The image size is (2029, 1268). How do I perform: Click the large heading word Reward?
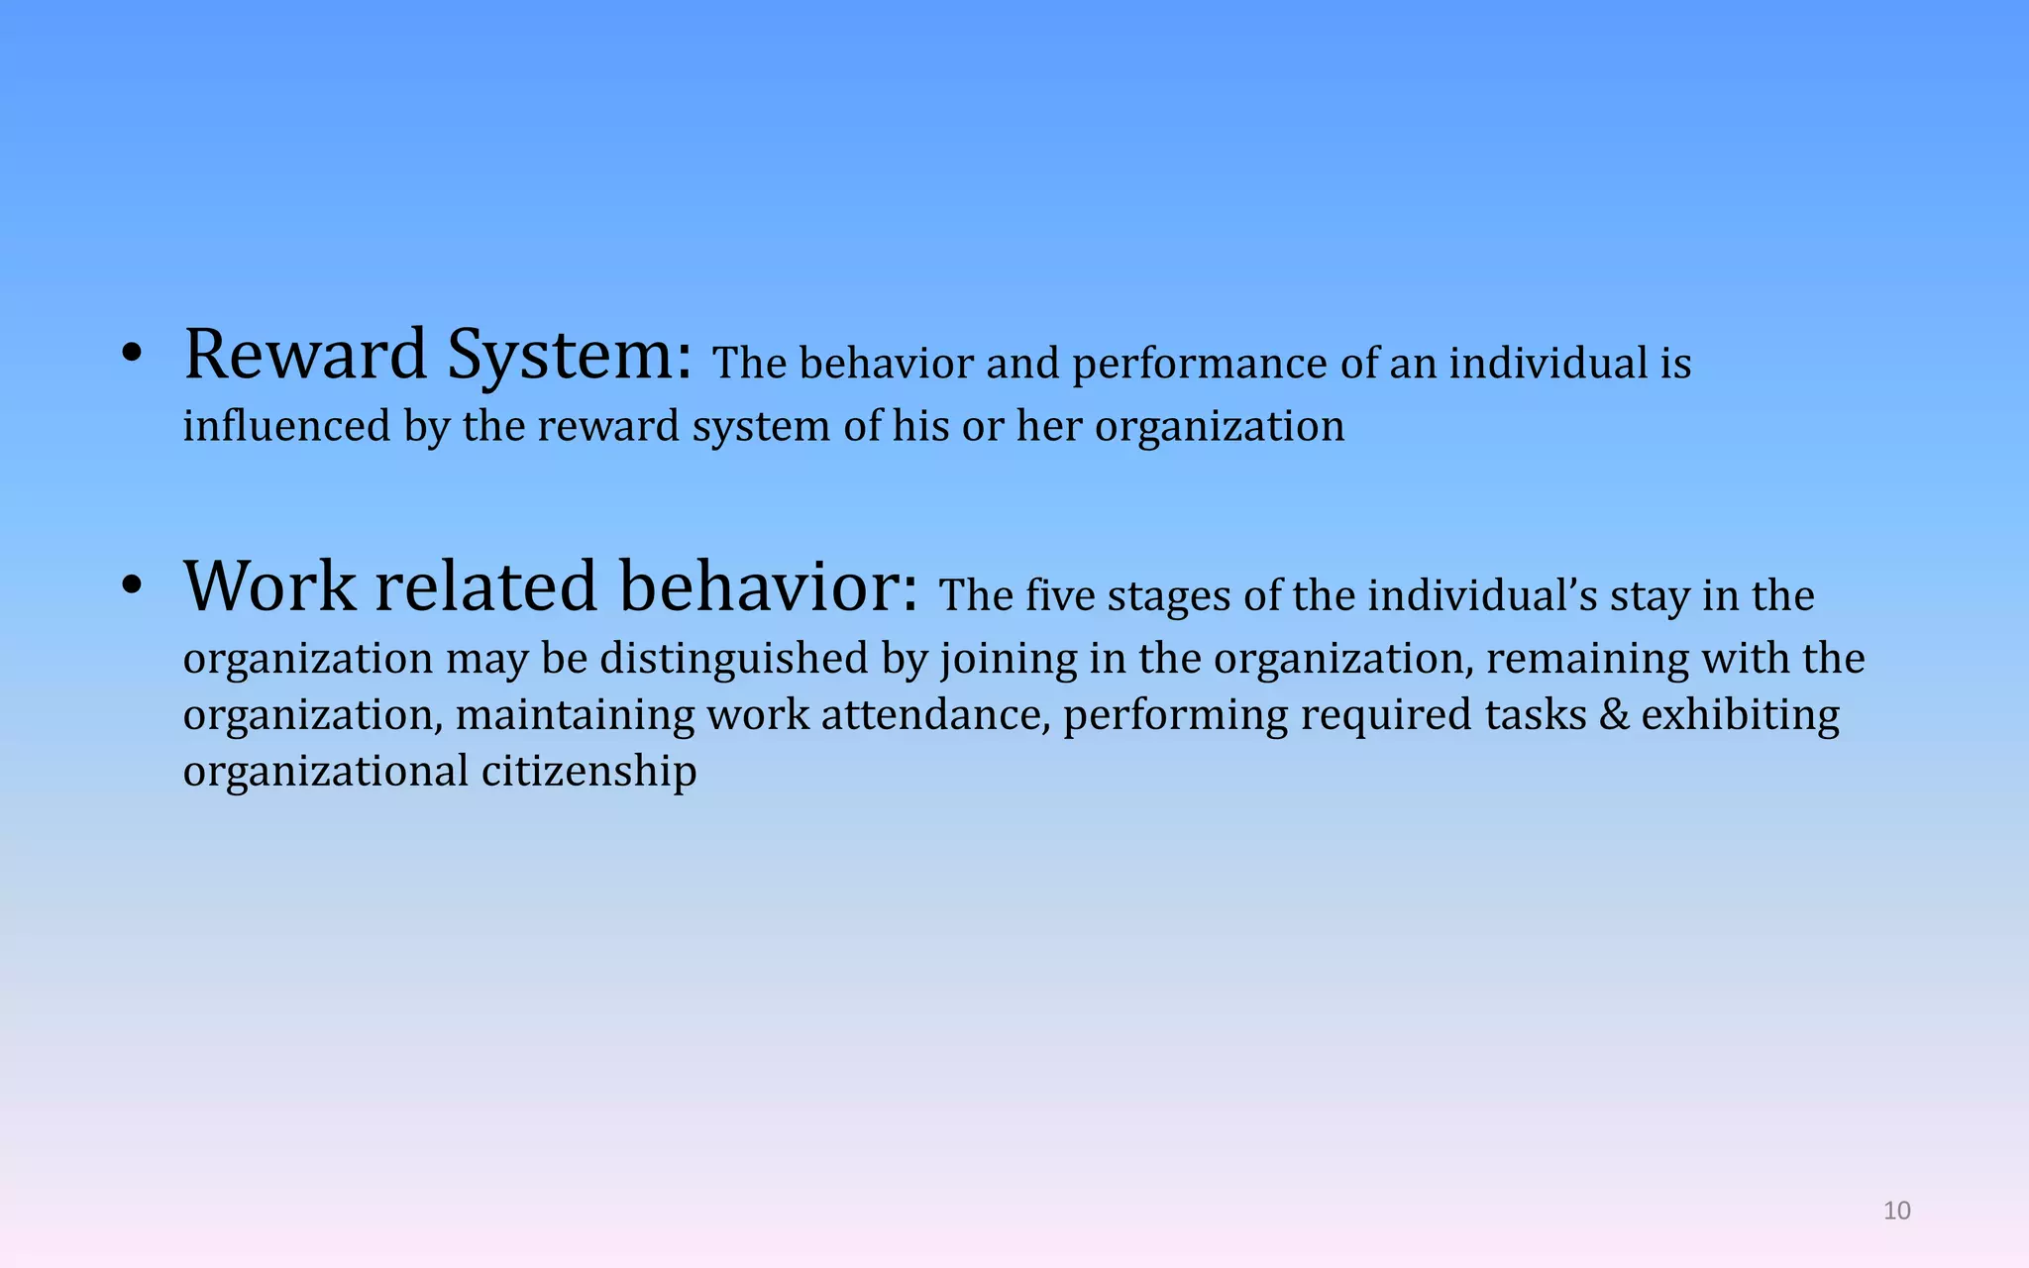[305, 355]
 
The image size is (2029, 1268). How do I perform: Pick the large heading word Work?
[269, 586]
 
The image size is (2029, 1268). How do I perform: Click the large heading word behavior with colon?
[769, 586]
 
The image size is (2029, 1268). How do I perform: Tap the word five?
[1059, 596]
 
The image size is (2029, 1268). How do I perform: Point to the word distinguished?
[734, 659]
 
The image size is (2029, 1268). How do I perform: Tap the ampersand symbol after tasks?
[1614, 715]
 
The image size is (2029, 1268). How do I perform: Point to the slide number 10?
[1896, 1211]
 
